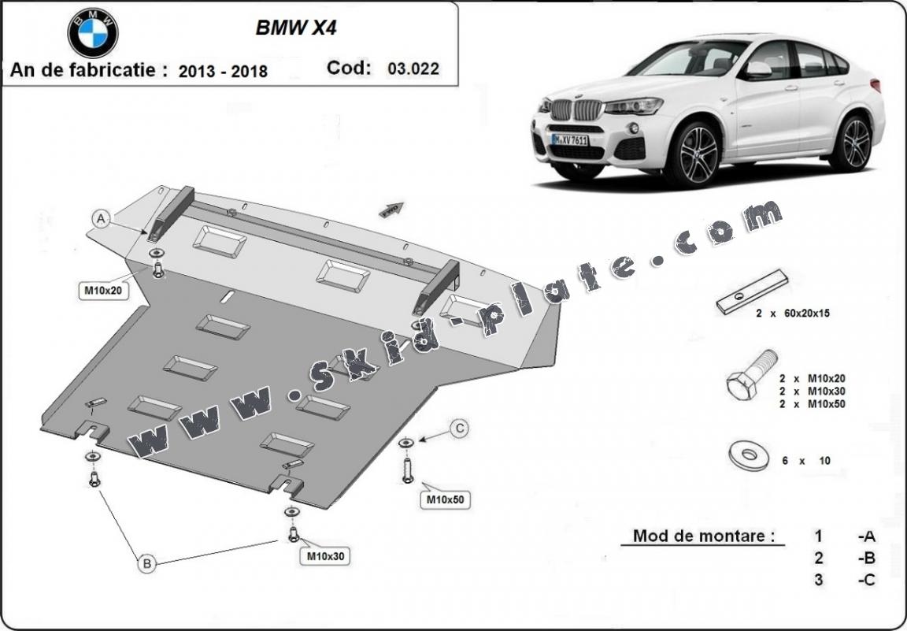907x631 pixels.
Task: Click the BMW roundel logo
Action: [x=93, y=32]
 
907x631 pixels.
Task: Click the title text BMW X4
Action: [x=286, y=28]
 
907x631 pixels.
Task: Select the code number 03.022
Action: [x=413, y=69]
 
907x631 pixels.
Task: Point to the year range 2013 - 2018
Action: [x=223, y=71]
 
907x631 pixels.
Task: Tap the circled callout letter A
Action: [x=101, y=219]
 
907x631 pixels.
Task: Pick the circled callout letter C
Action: [x=459, y=429]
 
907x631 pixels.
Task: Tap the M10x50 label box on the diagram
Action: [x=445, y=499]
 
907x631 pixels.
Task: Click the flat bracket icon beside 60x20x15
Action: [x=752, y=291]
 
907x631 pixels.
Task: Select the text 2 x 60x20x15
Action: [x=793, y=313]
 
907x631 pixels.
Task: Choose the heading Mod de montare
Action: [x=698, y=536]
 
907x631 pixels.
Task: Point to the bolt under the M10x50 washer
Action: [x=407, y=470]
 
